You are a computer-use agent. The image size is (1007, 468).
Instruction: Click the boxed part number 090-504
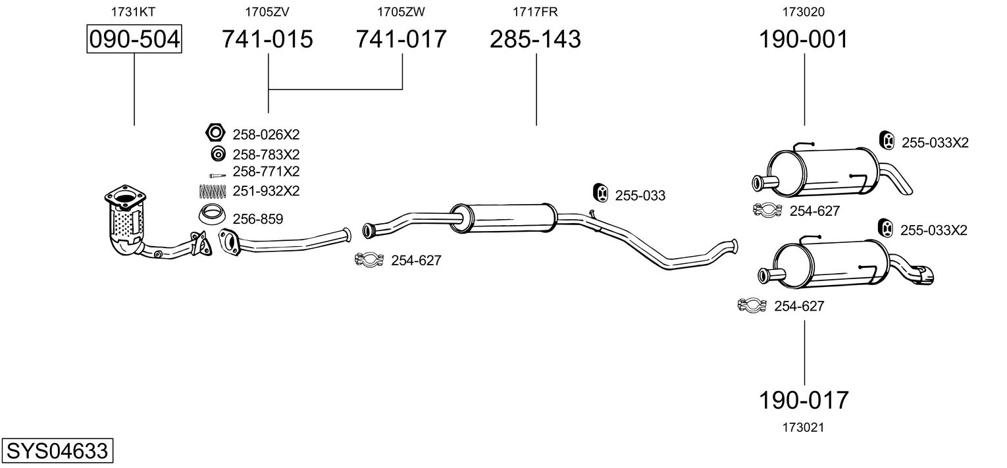[134, 39]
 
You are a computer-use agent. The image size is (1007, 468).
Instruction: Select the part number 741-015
[267, 39]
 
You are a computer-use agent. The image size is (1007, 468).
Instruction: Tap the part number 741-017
[401, 39]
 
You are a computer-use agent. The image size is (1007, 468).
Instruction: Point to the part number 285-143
[535, 39]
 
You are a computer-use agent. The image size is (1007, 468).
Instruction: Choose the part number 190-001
[804, 39]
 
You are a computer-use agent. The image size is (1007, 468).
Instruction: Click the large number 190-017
[804, 400]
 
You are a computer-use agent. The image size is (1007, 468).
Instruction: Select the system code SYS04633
[57, 450]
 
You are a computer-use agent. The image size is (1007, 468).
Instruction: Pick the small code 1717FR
[535, 12]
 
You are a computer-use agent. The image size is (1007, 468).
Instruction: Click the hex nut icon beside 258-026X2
[215, 133]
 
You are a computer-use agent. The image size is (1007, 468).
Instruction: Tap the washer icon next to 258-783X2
[218, 154]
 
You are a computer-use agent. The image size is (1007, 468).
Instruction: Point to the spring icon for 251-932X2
[212, 192]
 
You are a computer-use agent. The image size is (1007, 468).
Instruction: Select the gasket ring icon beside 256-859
[212, 215]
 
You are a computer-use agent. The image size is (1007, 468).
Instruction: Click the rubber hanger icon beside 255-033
[601, 194]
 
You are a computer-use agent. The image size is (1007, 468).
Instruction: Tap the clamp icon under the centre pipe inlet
[369, 259]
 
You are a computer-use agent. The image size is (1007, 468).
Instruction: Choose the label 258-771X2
[266, 171]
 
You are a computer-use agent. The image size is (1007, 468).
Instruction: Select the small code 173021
[804, 428]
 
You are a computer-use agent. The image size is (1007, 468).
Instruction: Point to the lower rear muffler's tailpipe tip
[926, 276]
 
